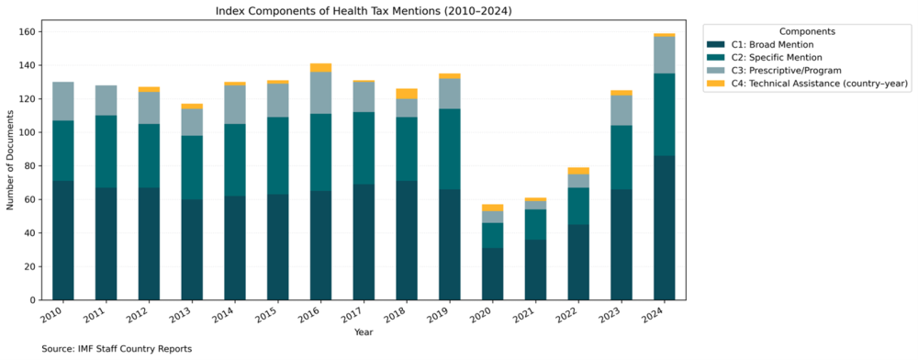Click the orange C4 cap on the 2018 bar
pyautogui.click(x=405, y=93)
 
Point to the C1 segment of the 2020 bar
pyautogui.click(x=492, y=274)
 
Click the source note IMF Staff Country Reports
pyautogui.click(x=117, y=349)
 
